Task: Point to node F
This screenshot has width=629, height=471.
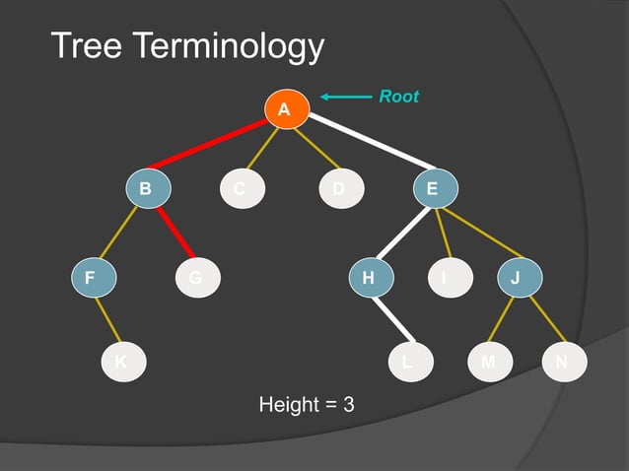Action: coord(92,278)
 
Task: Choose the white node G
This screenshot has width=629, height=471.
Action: coord(196,278)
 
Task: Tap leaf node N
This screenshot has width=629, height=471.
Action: coord(563,362)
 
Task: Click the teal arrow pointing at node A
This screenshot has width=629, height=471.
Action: coord(344,97)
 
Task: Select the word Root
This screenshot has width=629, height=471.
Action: coord(399,97)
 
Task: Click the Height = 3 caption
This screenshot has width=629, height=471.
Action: coord(306,404)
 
